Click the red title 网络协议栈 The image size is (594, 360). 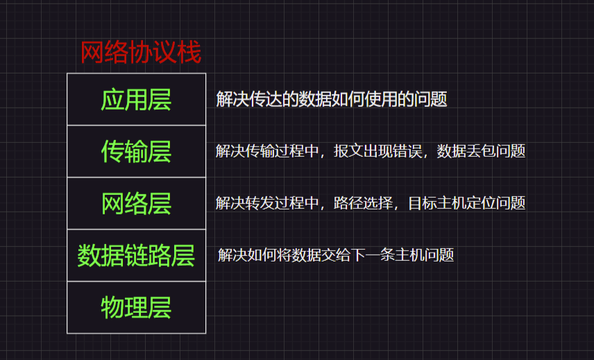coord(141,53)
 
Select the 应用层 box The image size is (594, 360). coord(136,99)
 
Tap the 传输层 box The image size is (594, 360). coord(136,151)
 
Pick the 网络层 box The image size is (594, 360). coord(136,203)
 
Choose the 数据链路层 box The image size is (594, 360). coord(136,255)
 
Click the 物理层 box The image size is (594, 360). coord(136,307)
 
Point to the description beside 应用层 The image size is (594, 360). coord(331,99)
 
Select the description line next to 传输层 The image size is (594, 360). coord(370,151)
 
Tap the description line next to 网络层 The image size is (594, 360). coord(370,203)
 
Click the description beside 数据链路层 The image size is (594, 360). coord(335,255)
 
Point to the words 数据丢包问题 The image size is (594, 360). coord(481,151)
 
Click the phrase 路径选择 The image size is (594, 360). coord(363,203)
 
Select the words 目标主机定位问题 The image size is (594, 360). coord(466,203)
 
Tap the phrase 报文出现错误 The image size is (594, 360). coord(377,151)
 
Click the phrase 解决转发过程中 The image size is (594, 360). coord(267,203)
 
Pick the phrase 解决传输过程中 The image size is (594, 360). coord(267,151)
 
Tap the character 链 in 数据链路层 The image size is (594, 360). coord(136,255)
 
